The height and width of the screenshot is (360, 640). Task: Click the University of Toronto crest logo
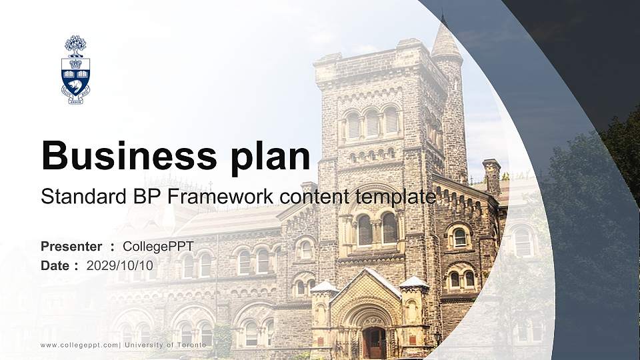point(75,70)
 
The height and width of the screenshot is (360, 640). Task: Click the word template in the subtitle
point(394,197)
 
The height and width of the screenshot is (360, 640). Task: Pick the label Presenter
point(71,247)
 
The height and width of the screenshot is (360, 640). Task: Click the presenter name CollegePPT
point(158,247)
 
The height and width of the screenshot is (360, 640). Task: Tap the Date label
point(55,265)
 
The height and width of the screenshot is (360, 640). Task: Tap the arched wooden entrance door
point(373,342)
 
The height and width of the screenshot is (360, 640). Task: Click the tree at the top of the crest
point(75,46)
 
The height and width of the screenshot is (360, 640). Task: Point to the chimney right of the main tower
point(492,176)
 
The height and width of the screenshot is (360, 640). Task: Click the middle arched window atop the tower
point(371,123)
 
